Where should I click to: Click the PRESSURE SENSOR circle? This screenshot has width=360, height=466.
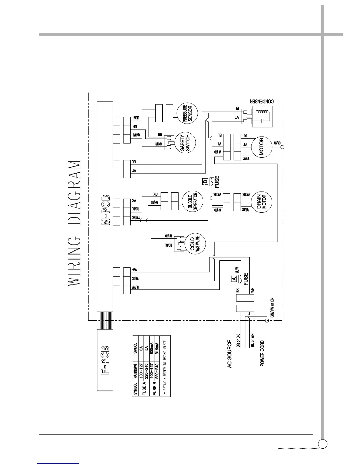tap(187, 113)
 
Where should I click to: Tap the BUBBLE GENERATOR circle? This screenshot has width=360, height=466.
tap(193, 201)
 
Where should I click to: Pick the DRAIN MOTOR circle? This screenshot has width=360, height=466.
tap(261, 202)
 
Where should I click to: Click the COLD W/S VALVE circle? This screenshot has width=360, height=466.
tap(194, 244)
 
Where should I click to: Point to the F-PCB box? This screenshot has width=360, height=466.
tap(105, 361)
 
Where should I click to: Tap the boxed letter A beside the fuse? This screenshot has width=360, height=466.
tap(234, 278)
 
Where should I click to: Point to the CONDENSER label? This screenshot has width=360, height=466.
tap(262, 101)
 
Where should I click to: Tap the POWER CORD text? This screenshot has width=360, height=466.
tap(262, 353)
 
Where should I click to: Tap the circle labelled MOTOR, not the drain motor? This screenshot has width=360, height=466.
tap(261, 147)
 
